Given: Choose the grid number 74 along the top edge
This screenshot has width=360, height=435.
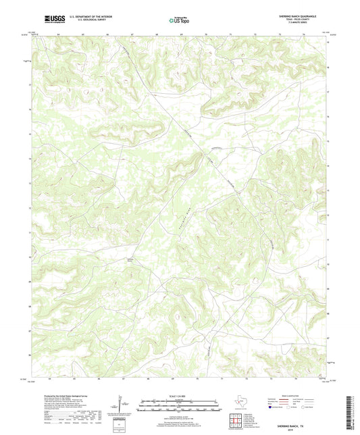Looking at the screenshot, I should [x=304, y=32].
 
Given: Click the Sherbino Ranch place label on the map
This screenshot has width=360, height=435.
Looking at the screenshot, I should [x=131, y=258].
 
